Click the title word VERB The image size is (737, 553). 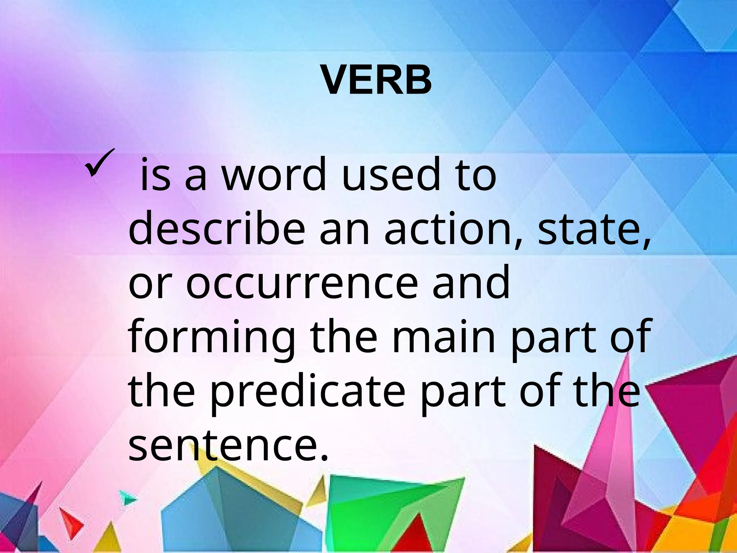click(x=377, y=81)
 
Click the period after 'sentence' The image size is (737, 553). click(x=324, y=457)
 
